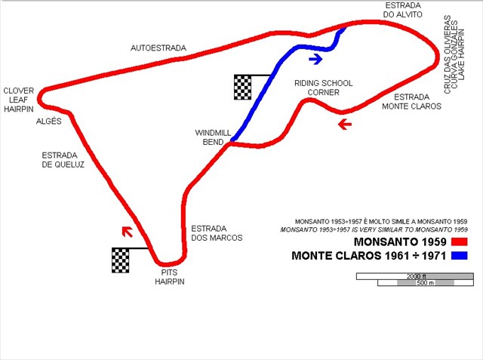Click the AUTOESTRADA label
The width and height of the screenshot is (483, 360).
tap(158, 48)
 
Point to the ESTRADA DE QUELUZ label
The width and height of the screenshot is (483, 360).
tap(63, 159)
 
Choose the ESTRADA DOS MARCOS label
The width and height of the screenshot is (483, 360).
tap(217, 232)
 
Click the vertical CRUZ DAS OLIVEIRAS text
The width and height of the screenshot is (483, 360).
tap(448, 54)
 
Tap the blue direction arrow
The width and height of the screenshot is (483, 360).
tap(315, 57)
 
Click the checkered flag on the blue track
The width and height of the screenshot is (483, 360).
tap(242, 87)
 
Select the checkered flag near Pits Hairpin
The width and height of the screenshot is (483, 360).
tap(121, 260)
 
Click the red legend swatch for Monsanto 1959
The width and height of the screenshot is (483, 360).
tap(460, 242)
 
